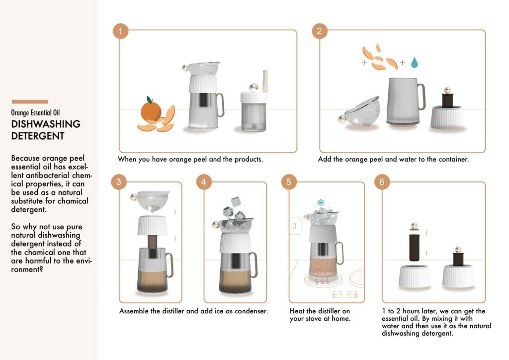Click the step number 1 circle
tap(120, 31)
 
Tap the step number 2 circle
tap(320, 31)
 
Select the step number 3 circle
tap(119, 182)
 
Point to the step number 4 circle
tap(204, 182)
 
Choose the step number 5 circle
tap(289, 182)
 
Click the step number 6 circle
tap(382, 182)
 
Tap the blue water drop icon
tap(414, 62)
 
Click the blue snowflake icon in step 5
tap(321, 202)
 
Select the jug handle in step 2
tap(422, 97)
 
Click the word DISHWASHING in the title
tap(46, 124)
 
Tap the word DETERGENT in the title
tap(38, 136)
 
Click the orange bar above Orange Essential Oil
tap(30, 101)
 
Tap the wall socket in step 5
tap(295, 226)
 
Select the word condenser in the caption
tap(251, 311)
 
